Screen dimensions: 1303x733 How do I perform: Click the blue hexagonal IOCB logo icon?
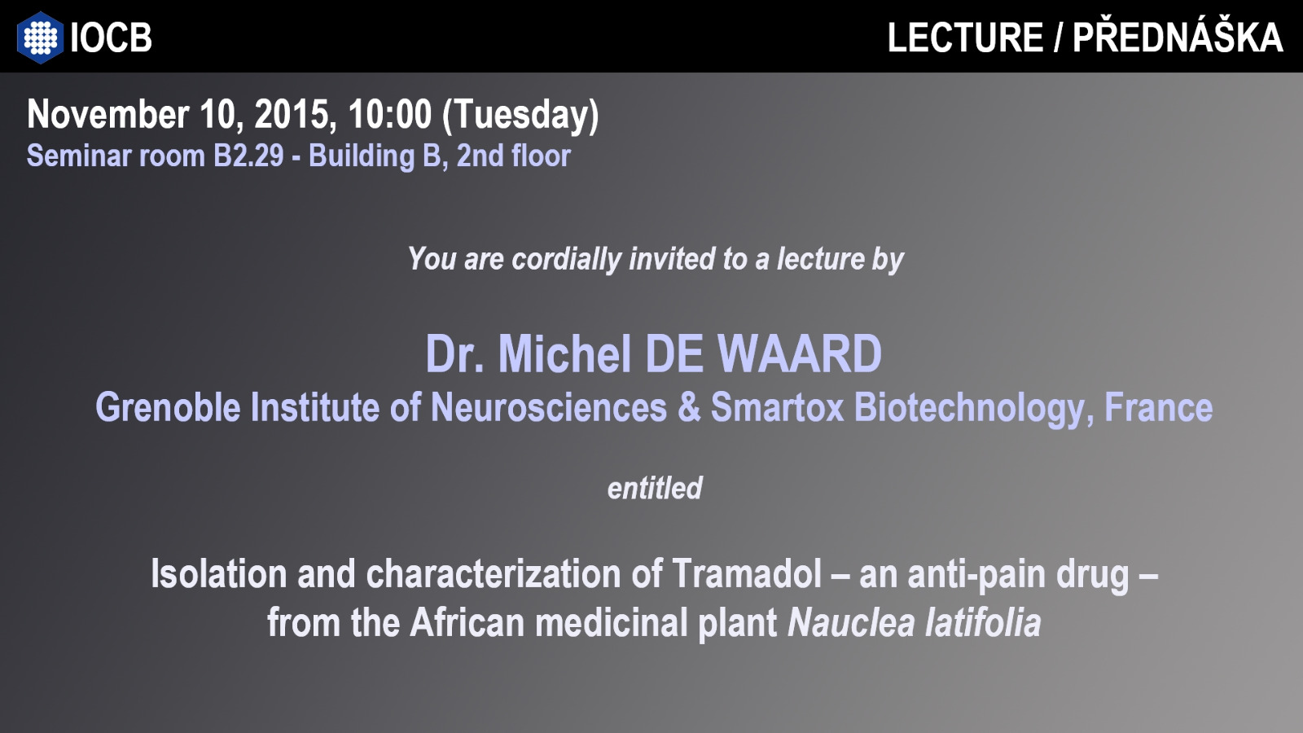(40, 37)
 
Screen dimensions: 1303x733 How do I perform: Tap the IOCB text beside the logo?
(111, 37)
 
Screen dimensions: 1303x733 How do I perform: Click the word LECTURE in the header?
(965, 37)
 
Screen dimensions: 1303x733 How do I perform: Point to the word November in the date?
(107, 114)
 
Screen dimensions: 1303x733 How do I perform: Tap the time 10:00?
(390, 114)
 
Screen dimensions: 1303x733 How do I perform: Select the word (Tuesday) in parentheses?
(520, 116)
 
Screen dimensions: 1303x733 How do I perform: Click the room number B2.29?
(248, 156)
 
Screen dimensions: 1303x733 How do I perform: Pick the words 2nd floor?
(514, 156)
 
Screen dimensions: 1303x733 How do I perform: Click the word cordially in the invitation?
(567, 259)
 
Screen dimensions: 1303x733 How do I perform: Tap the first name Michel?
(564, 353)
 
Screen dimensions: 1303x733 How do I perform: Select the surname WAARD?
(799, 353)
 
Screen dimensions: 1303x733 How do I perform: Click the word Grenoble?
(168, 407)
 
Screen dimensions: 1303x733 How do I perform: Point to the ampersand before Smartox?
(689, 407)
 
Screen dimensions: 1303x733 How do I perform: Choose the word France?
(1159, 407)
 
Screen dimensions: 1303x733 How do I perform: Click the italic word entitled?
(655, 488)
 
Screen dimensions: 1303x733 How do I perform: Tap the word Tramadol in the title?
(747, 574)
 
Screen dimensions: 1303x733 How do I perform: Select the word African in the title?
(467, 623)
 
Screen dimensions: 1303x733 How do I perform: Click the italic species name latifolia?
(983, 623)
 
